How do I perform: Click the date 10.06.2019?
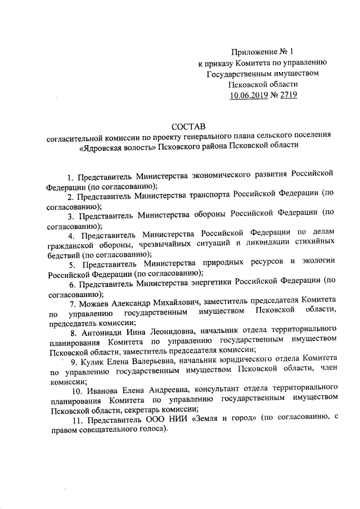coord(251,96)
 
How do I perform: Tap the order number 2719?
coord(286,96)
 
